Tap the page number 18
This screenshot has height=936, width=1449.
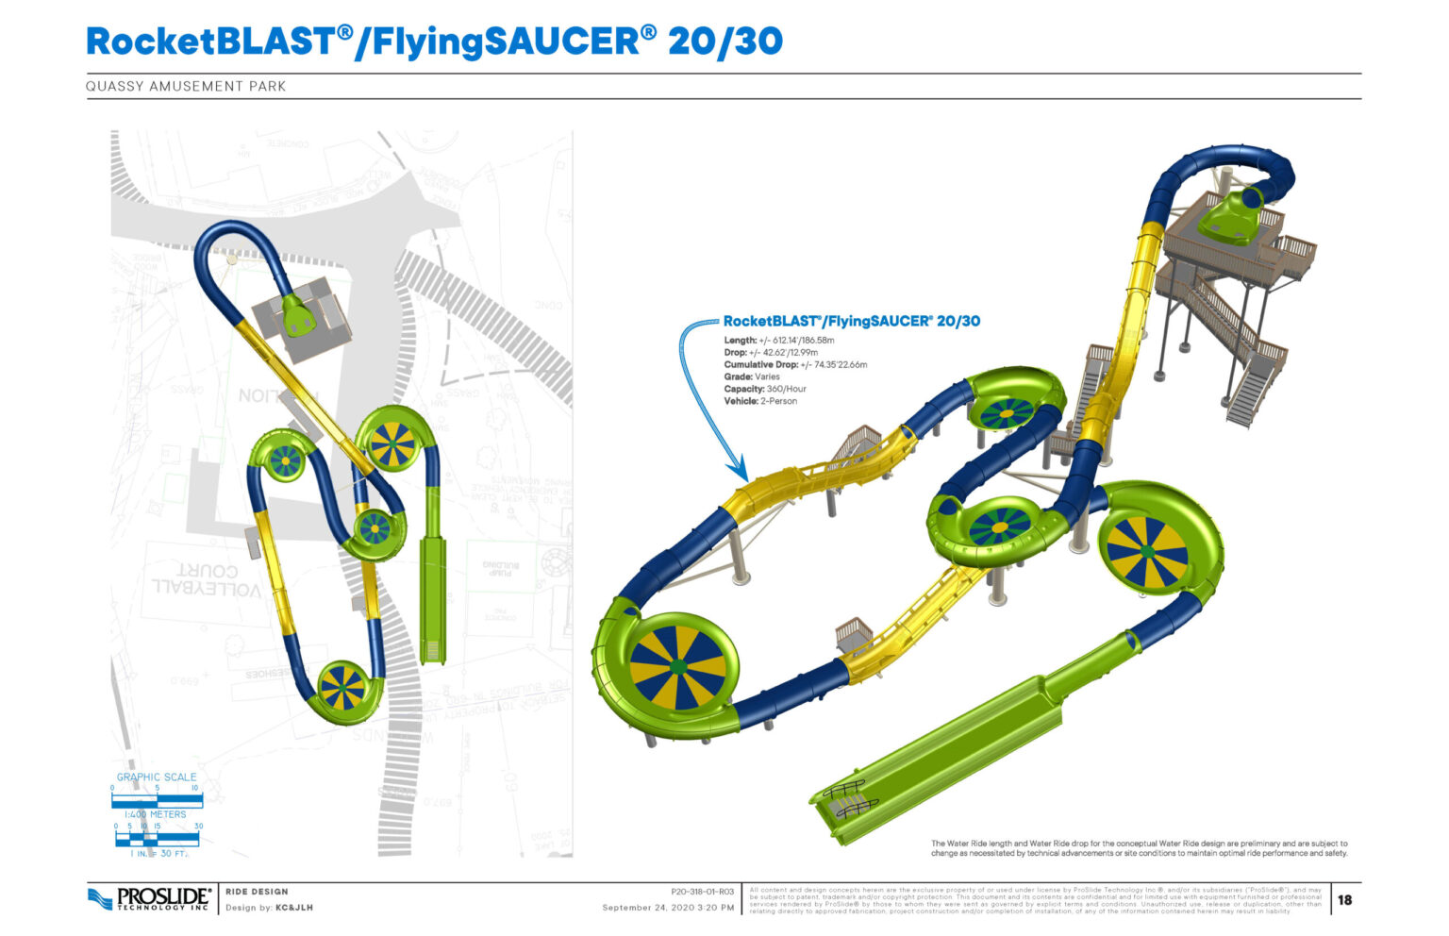click(1344, 900)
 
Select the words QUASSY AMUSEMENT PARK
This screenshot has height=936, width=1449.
click(186, 86)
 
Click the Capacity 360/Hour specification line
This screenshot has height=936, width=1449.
click(765, 389)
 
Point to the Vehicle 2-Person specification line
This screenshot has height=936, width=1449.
click(760, 401)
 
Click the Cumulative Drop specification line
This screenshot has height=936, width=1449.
click(795, 364)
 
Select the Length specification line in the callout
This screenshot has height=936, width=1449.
click(779, 340)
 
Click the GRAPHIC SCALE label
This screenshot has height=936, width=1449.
click(157, 777)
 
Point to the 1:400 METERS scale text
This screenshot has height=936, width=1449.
click(156, 814)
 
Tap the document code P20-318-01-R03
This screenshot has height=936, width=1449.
click(702, 891)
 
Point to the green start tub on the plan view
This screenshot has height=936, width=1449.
click(298, 315)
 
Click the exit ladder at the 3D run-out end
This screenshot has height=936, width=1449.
click(851, 798)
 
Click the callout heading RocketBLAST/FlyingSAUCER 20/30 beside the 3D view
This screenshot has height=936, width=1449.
click(851, 322)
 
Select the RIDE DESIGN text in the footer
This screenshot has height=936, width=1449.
click(257, 891)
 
